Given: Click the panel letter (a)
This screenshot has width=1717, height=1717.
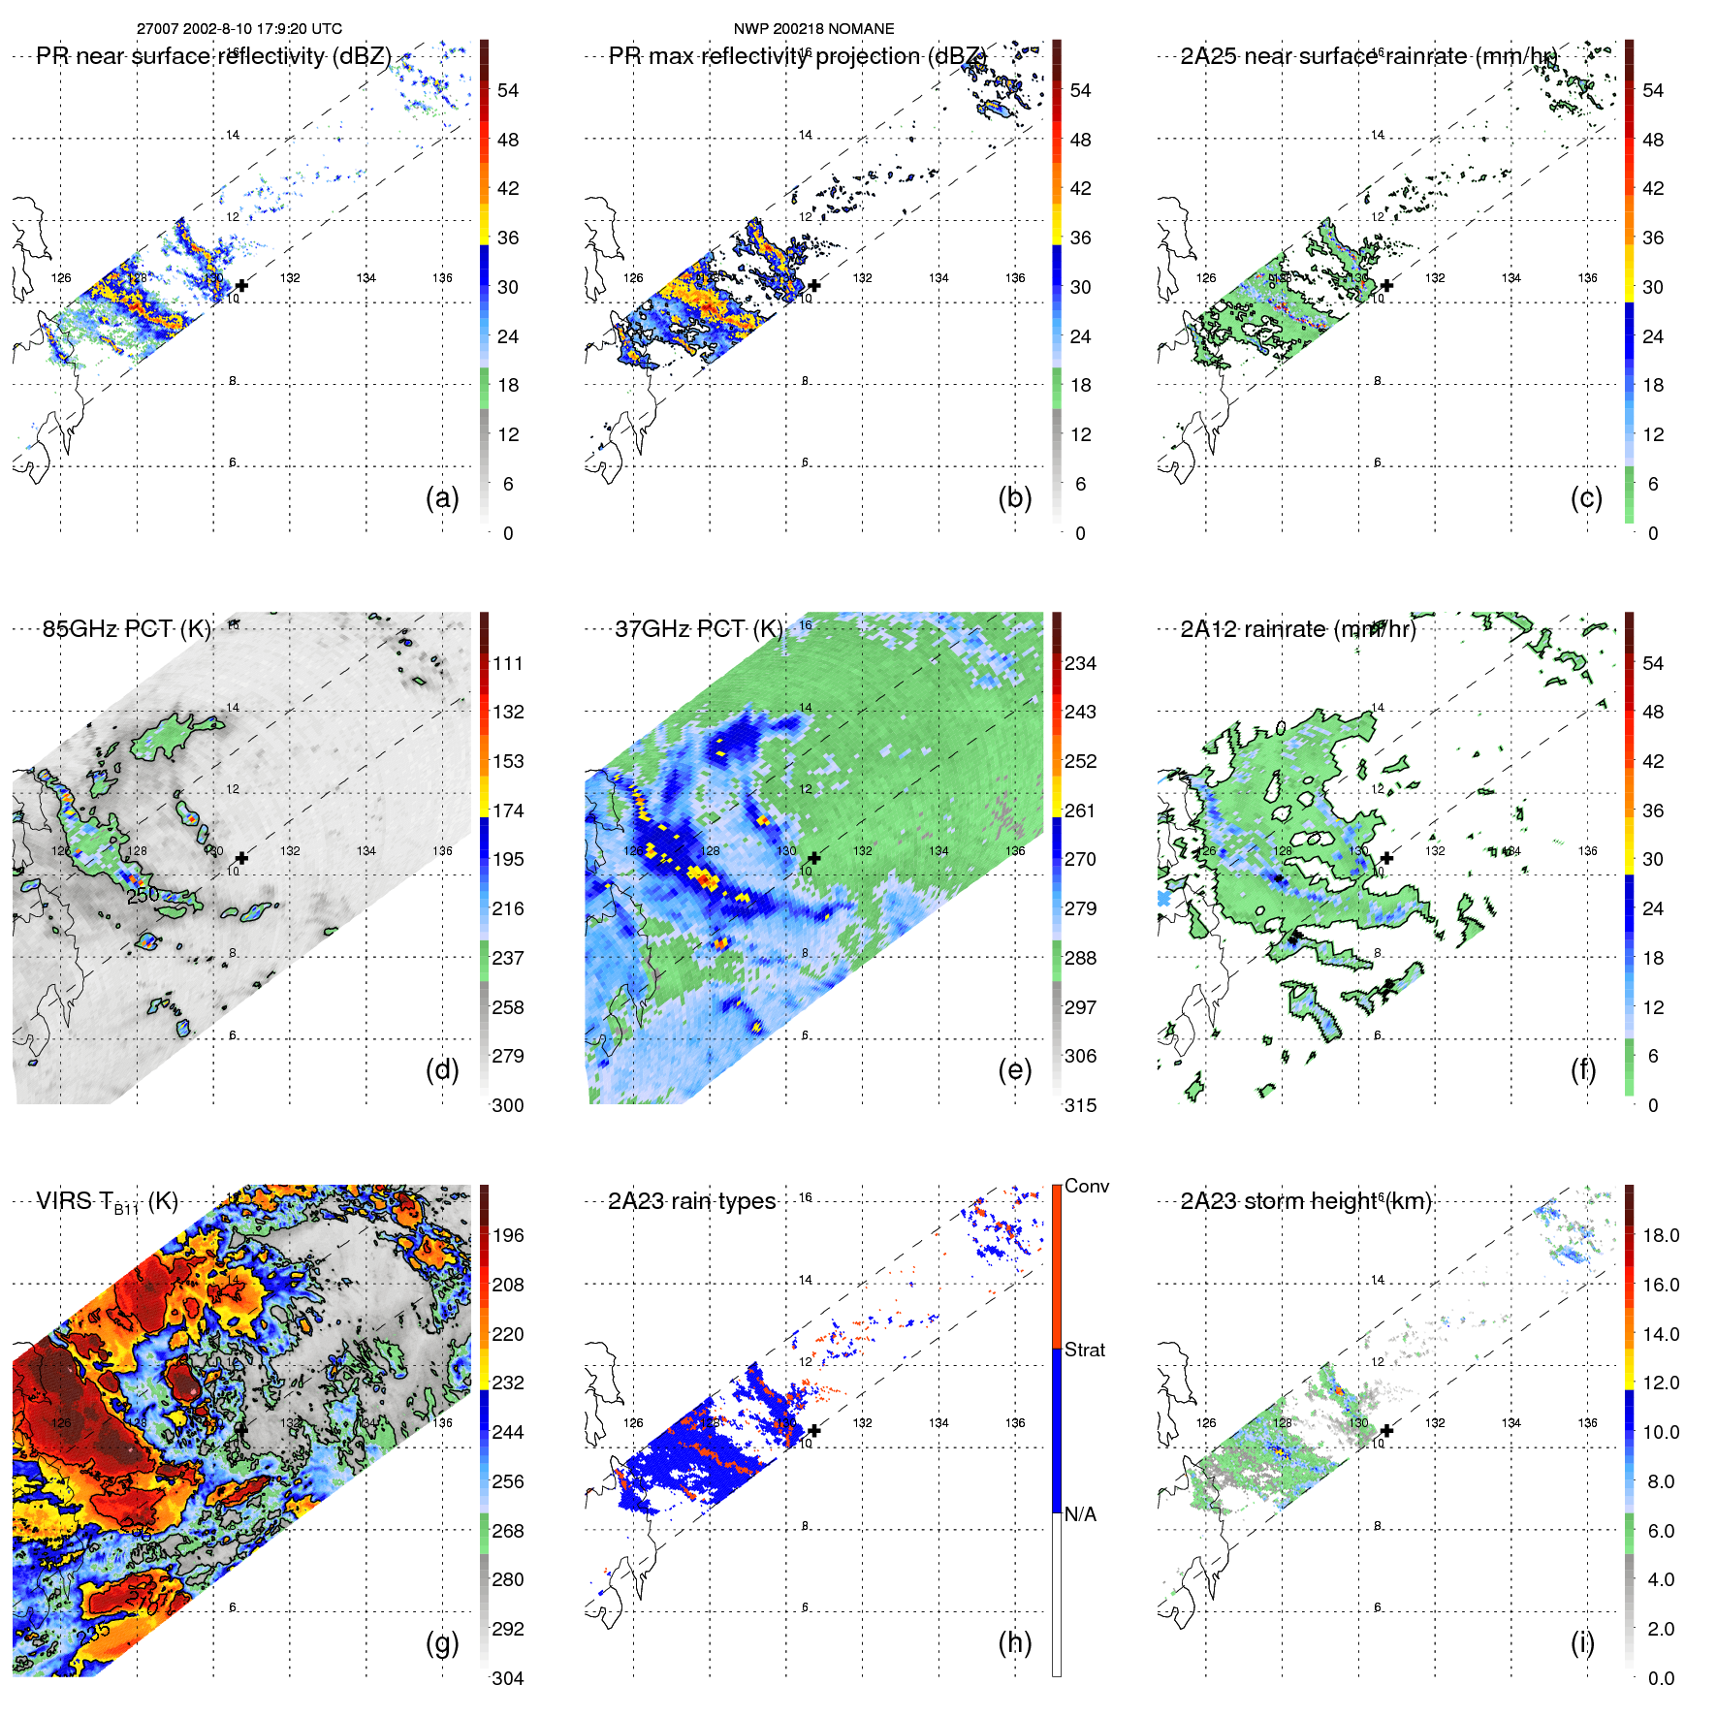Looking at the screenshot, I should point(442,498).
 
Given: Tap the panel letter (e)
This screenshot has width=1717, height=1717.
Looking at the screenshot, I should point(1014,1070).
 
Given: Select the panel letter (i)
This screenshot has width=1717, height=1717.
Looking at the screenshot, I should point(1582,1643).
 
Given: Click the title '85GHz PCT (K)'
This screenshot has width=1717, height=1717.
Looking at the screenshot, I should point(126,628).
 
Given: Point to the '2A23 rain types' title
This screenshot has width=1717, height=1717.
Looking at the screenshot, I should point(691,1201).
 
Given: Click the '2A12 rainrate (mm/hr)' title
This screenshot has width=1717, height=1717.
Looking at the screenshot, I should point(1297,628).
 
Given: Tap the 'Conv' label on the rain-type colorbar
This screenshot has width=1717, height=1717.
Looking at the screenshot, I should point(1086,1186).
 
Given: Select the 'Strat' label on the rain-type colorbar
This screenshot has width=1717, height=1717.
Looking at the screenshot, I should point(1084,1350).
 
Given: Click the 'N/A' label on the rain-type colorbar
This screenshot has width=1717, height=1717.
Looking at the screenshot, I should point(1080,1513).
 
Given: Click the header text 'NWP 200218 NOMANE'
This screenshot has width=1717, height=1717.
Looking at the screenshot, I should point(813,29).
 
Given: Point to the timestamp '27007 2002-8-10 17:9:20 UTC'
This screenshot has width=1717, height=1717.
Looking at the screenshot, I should point(238,29).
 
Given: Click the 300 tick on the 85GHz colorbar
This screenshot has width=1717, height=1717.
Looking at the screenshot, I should point(507,1105).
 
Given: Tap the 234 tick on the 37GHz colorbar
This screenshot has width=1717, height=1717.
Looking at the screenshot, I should point(1080,663).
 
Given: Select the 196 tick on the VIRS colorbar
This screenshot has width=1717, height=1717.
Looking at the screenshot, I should point(507,1235).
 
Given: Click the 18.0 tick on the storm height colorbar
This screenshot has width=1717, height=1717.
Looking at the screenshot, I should point(1660,1235).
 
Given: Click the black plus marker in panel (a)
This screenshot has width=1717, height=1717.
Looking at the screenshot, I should point(241,285).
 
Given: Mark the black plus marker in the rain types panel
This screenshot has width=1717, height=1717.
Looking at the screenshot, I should point(814,1430).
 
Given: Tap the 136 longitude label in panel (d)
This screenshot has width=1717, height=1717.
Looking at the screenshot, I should point(442,850).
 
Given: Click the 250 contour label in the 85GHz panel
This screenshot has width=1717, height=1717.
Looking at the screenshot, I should point(143,895).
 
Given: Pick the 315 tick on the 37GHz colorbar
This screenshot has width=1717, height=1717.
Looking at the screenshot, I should point(1080,1105).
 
